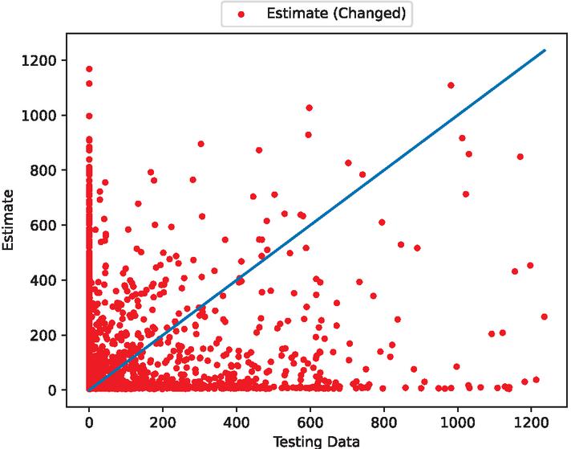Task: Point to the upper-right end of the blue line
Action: (545, 50)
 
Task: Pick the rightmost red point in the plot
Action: (544, 316)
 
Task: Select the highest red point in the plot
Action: (89, 69)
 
